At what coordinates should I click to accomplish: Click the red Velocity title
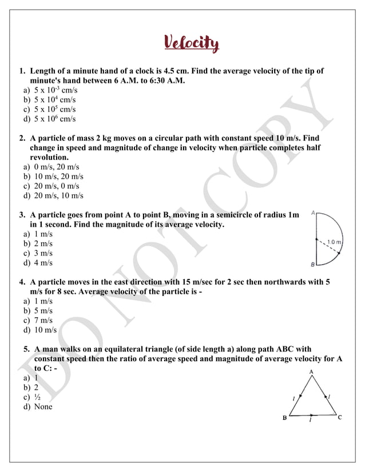pos(192,43)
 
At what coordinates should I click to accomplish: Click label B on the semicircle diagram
pos(312,265)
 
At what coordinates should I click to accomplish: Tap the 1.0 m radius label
pos(334,242)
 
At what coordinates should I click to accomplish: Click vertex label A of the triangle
pos(311,371)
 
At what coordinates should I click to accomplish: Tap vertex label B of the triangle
pos(284,418)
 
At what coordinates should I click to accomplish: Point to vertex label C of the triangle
pos(340,418)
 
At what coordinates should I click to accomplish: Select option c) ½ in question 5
pos(37,397)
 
